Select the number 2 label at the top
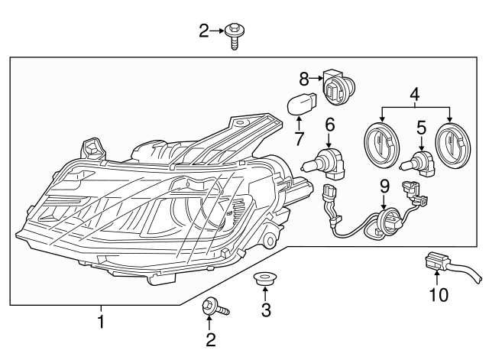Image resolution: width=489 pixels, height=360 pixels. click(x=203, y=31)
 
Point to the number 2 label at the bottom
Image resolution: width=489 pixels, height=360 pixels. click(x=209, y=338)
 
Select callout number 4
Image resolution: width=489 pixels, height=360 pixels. click(x=414, y=95)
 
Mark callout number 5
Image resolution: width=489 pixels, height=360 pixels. click(x=420, y=128)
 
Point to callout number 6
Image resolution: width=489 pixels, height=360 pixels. click(x=330, y=124)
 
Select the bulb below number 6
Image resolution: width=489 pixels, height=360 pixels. click(x=325, y=162)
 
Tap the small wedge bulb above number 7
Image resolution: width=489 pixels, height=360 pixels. click(x=300, y=105)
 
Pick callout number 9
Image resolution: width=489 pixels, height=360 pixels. click(x=385, y=186)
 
